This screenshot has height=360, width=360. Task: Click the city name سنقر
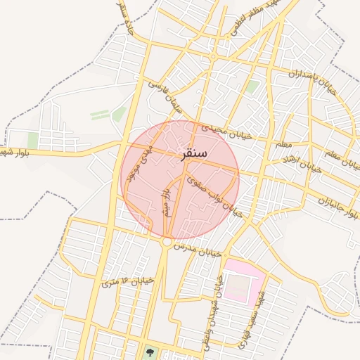tap(199, 153)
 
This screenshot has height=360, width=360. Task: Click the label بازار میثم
tap(167, 202)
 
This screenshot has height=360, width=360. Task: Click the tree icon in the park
tap(149, 350)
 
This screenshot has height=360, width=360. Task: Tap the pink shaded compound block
tap(243, 281)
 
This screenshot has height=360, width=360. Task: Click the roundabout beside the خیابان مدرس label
tap(167, 242)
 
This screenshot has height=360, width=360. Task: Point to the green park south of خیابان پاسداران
tap(252, 87)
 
